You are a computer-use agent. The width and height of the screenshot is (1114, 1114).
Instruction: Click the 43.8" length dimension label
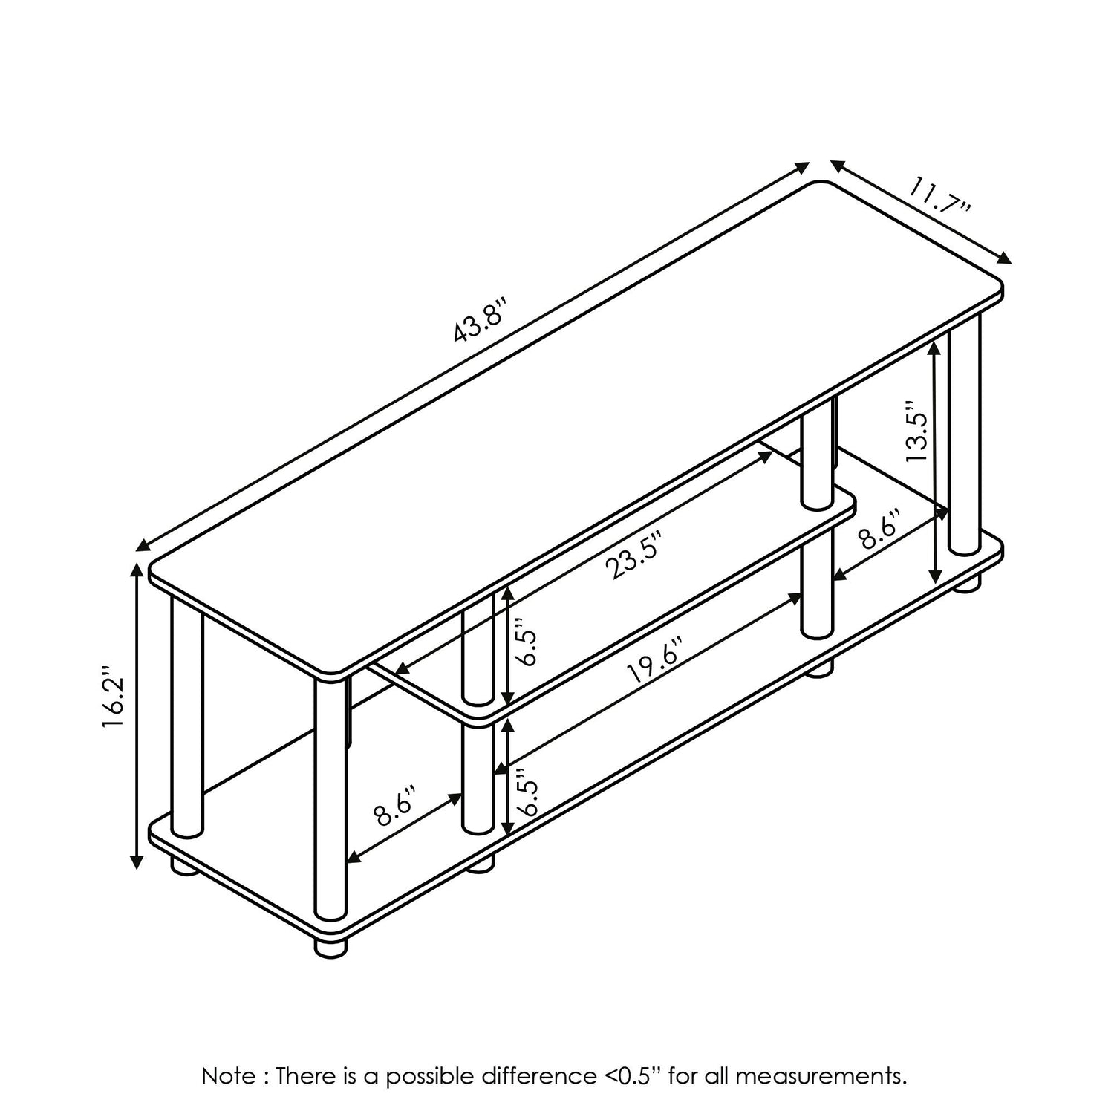[480, 319]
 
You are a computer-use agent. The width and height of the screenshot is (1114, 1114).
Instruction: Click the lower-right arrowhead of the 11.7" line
[1004, 258]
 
